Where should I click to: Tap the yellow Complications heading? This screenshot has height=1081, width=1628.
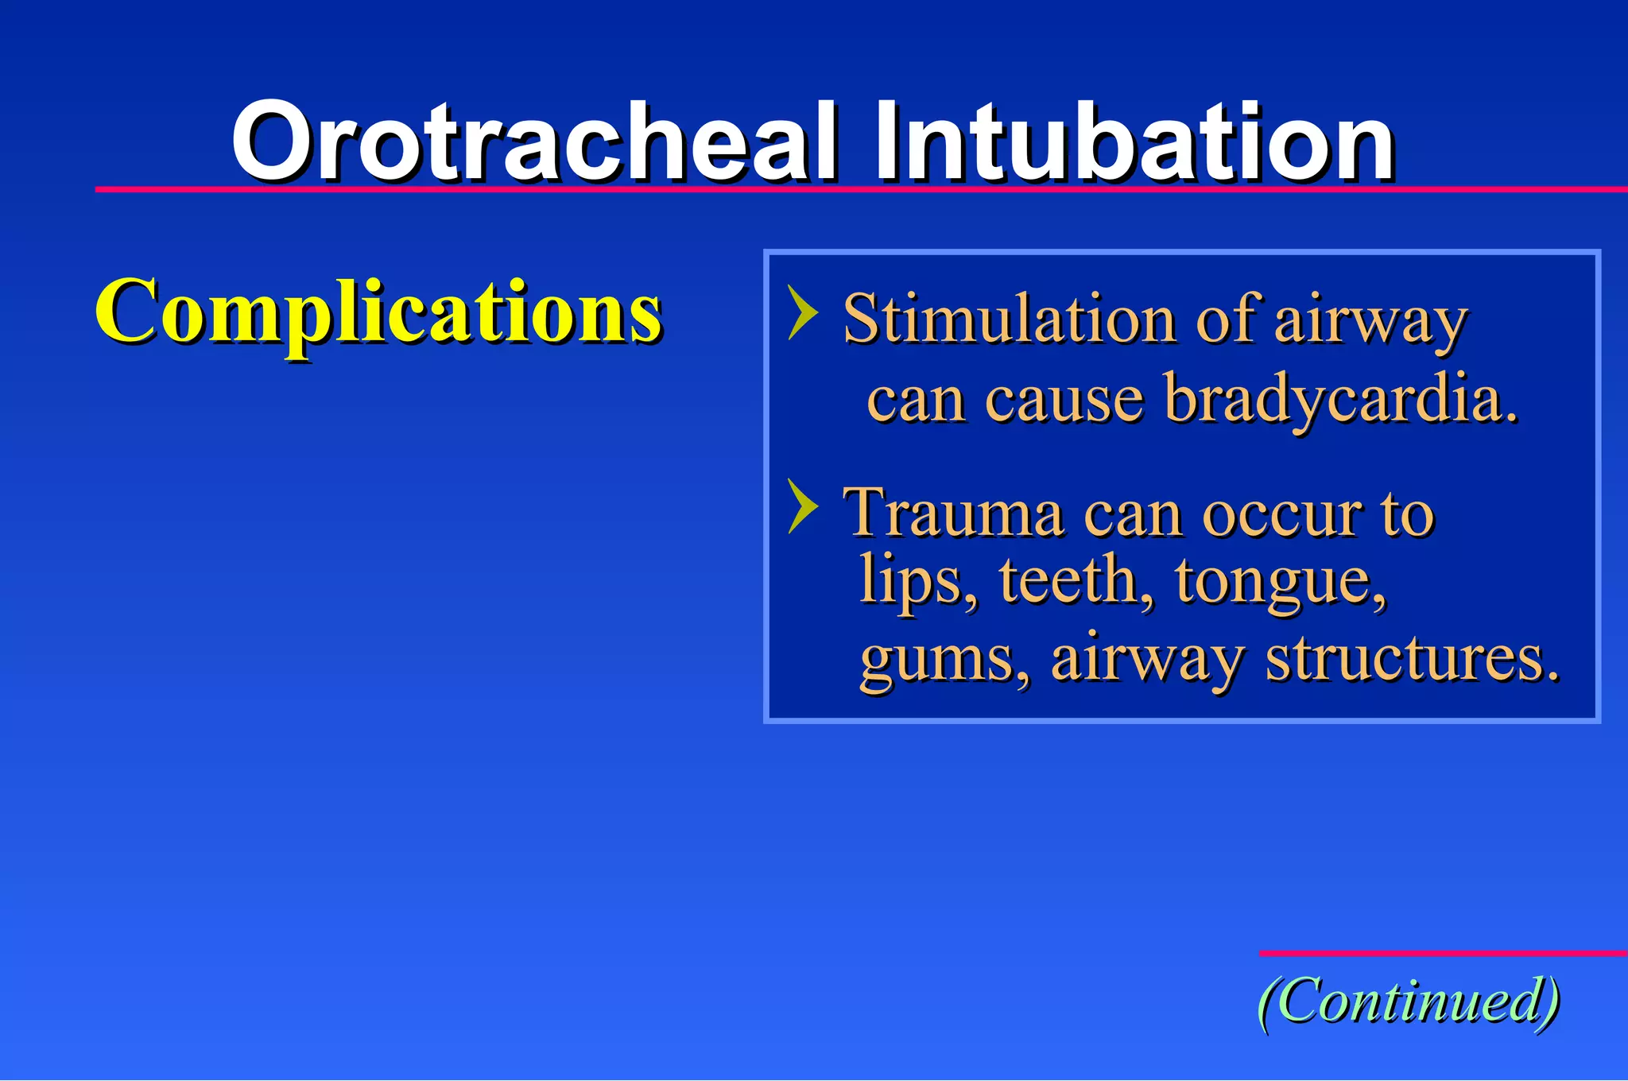point(378,312)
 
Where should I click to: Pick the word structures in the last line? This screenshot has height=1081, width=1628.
point(1412,660)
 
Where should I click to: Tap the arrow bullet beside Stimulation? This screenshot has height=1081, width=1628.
point(802,313)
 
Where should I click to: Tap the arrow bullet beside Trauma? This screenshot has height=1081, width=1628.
point(802,506)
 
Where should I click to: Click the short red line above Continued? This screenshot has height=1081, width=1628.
point(1442,952)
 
